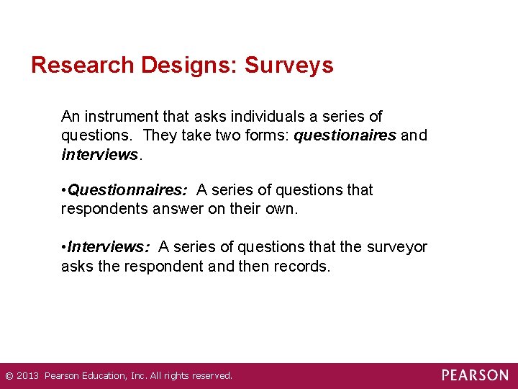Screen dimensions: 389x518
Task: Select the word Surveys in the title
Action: (x=289, y=66)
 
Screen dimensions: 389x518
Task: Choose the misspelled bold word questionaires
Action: (x=345, y=135)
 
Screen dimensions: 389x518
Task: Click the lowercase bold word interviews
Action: (x=99, y=154)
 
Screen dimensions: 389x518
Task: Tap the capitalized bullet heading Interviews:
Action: (x=109, y=248)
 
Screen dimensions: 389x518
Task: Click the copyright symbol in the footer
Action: (x=9, y=376)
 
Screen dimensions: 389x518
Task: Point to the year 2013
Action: (x=28, y=376)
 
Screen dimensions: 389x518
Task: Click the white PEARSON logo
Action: (x=475, y=375)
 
